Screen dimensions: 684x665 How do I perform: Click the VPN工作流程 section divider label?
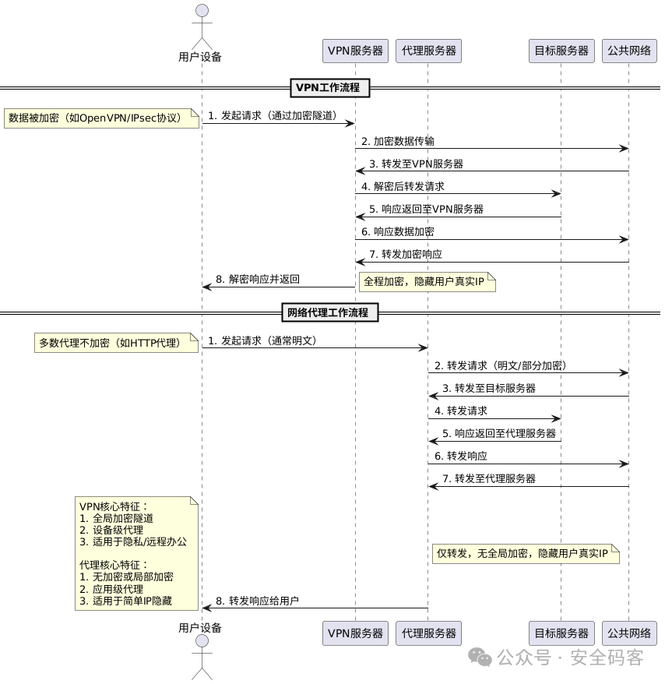point(329,87)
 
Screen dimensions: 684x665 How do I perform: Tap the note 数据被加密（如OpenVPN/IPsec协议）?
point(101,118)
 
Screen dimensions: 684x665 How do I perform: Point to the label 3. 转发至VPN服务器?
point(416,164)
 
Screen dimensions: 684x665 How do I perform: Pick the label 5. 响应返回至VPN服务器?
point(426,209)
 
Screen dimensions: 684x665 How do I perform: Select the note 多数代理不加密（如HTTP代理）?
point(116,343)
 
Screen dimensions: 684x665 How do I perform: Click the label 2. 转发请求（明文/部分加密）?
point(500,365)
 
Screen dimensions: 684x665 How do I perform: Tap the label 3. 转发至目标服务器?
point(489,388)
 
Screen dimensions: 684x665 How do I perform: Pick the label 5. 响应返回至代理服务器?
point(499,433)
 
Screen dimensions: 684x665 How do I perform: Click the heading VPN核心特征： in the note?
point(114,506)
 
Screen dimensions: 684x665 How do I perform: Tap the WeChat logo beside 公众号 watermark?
point(484,658)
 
